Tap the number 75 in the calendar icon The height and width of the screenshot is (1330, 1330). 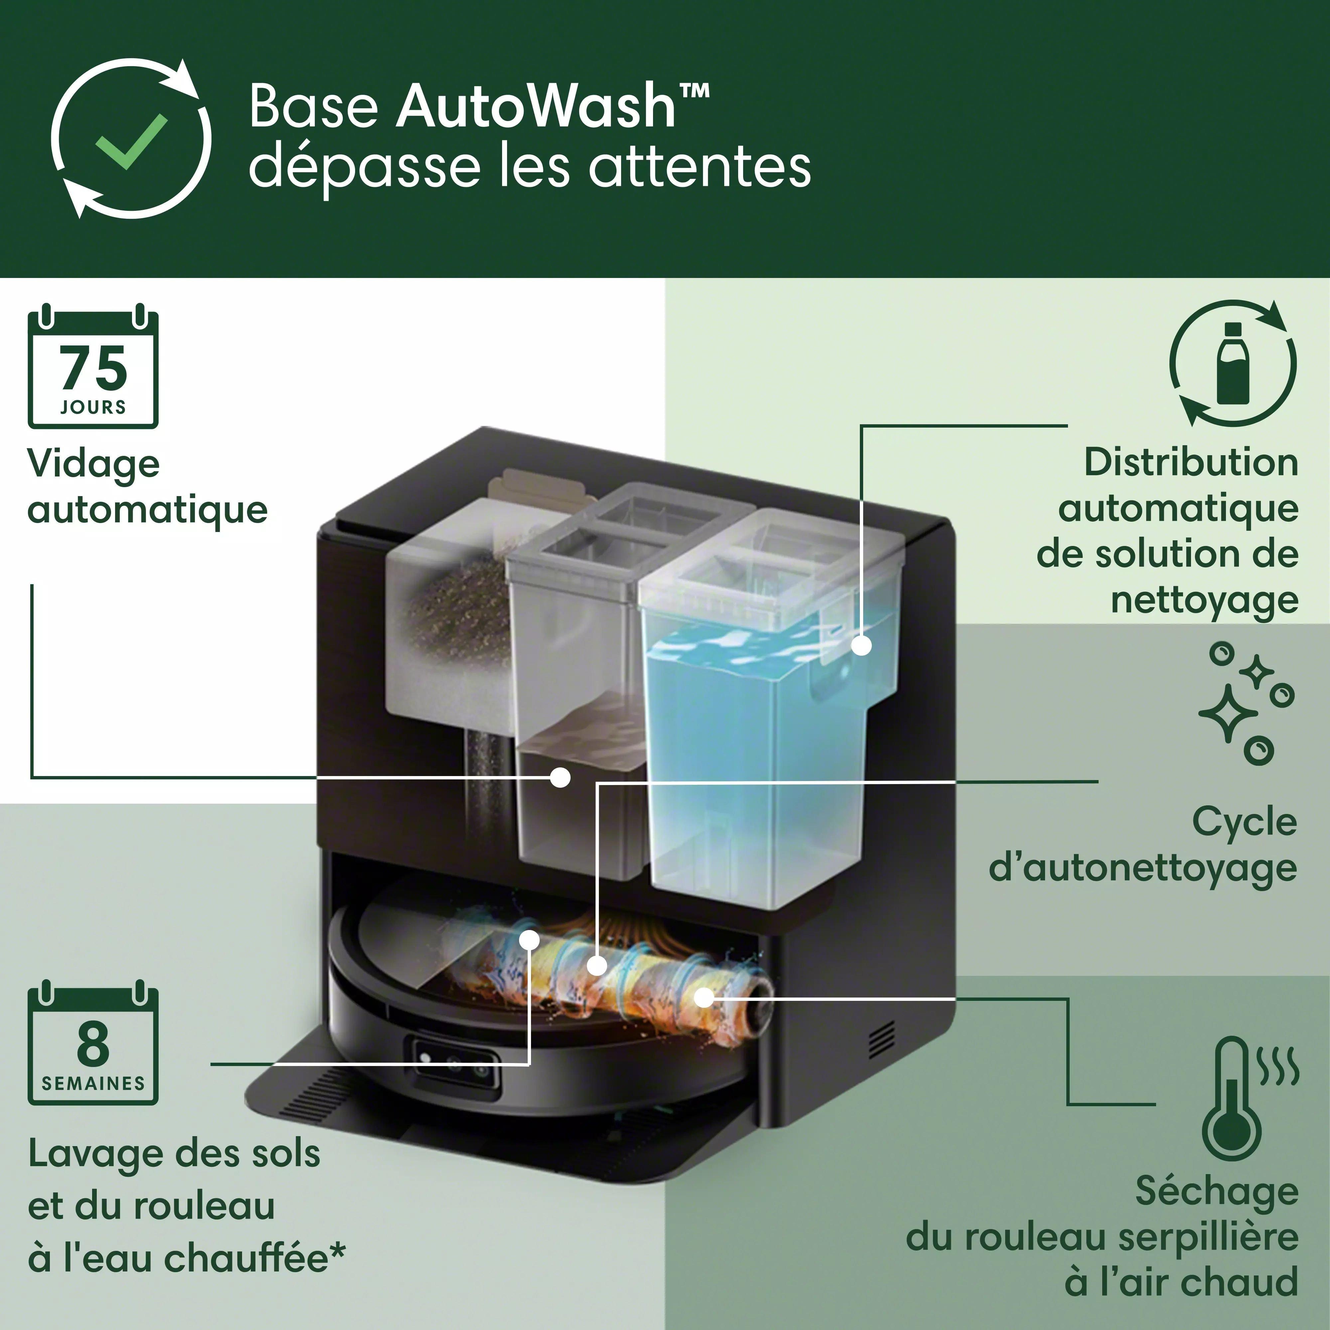point(94,368)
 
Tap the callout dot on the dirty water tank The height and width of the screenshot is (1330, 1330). point(561,778)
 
